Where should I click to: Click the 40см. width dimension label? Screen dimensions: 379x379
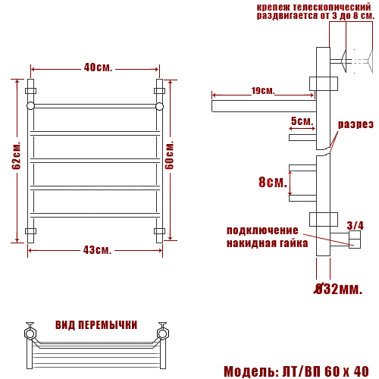(98, 67)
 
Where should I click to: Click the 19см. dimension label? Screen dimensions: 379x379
(262, 91)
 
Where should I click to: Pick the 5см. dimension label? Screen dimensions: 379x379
(302, 121)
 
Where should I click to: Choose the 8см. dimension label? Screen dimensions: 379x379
(273, 182)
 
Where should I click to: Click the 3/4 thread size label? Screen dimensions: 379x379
(355, 225)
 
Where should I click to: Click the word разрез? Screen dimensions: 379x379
(356, 124)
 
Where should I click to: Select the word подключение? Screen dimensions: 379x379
(262, 230)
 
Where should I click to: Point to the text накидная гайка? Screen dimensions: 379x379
(267, 243)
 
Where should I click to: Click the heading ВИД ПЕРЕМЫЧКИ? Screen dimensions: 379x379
(96, 325)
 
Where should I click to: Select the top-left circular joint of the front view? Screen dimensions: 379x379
(30, 106)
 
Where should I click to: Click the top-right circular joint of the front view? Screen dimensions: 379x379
(160, 106)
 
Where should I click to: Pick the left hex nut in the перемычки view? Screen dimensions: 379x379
(30, 331)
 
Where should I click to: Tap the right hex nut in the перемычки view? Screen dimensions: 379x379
(161, 331)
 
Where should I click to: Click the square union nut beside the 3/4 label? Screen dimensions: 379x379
(354, 242)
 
